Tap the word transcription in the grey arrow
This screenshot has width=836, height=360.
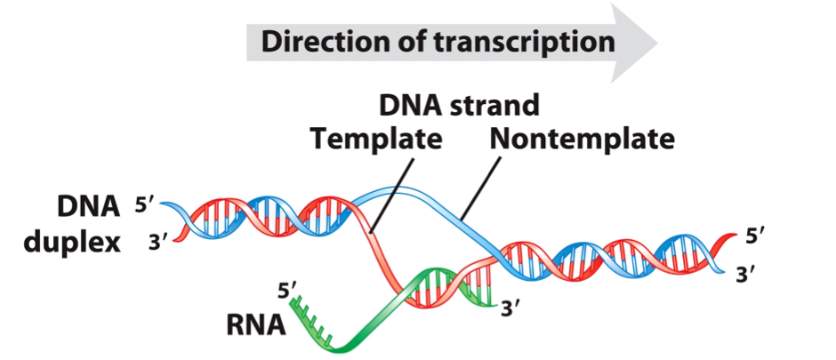tap(516, 41)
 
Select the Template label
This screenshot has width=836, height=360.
tap(375, 140)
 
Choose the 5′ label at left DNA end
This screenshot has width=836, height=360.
tap(145, 205)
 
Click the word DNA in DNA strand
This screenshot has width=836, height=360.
tap(411, 106)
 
